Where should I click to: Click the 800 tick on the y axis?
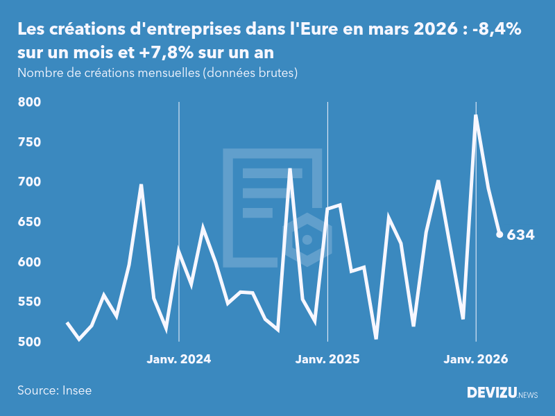(x=29, y=102)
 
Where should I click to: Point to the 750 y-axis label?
(x=29, y=142)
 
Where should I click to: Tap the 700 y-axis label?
(x=29, y=182)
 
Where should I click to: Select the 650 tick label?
(x=29, y=222)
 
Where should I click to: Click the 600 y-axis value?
(x=29, y=262)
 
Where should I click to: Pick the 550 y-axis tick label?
(x=29, y=302)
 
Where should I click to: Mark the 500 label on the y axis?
(x=29, y=342)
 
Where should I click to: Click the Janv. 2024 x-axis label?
(x=179, y=359)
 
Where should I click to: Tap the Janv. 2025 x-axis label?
(x=327, y=359)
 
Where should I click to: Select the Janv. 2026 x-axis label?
(x=476, y=359)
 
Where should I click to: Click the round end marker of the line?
(x=499, y=234)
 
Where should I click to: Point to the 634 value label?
(x=521, y=235)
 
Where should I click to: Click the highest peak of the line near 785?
(x=476, y=115)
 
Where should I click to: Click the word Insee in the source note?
(x=76, y=390)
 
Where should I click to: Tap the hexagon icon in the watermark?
(x=307, y=240)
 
